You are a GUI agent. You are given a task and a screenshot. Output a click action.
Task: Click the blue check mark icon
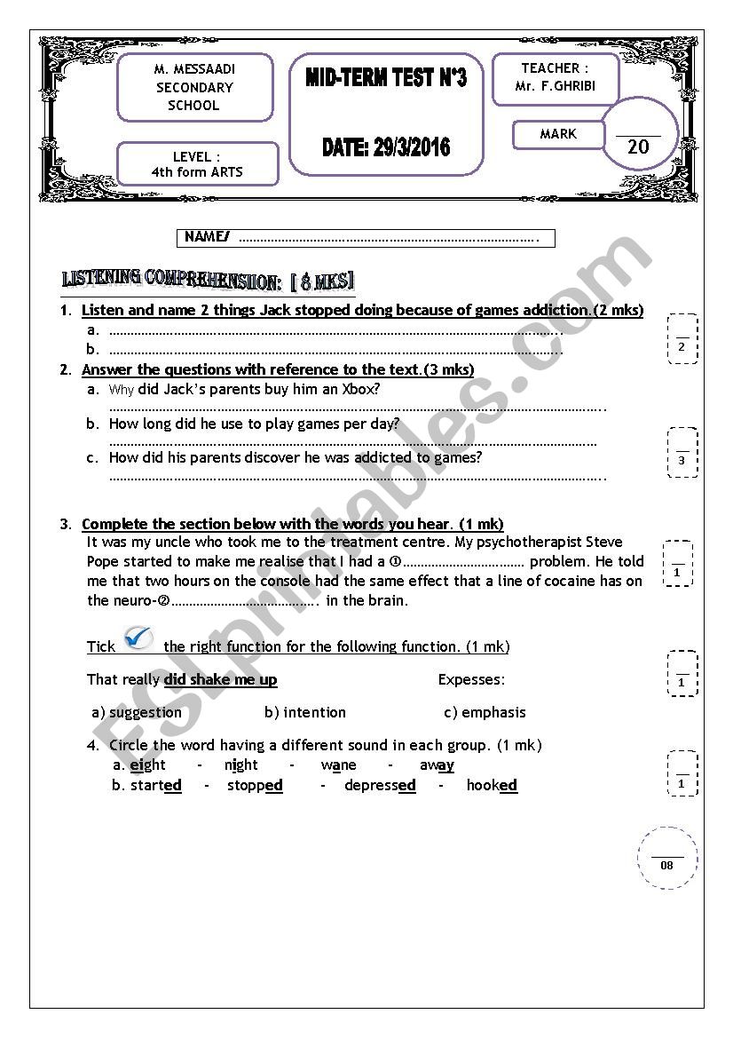138,638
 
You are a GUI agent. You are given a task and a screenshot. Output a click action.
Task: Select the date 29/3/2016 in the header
386,147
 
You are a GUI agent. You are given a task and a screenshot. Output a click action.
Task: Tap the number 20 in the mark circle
638,147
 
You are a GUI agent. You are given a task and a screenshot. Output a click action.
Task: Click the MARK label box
558,134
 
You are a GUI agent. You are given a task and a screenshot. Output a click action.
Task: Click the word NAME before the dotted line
206,237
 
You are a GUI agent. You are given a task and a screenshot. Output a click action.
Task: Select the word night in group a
241,765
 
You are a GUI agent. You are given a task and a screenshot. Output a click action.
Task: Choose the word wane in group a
338,765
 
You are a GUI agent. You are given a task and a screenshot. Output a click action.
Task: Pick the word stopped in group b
255,785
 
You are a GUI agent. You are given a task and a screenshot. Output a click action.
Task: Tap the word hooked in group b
492,785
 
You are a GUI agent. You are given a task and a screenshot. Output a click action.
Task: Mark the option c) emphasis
485,712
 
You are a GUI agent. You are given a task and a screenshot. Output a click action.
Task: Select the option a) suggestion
137,712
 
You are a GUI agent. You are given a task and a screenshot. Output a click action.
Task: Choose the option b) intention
305,712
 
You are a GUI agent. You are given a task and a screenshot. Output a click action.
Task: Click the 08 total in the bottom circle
667,865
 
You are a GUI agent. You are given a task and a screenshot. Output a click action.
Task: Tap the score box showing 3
682,460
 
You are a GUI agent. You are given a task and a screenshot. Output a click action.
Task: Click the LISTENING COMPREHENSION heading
208,281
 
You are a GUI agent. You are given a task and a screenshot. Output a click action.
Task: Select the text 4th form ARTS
197,172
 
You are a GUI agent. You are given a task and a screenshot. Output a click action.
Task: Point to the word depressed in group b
380,785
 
